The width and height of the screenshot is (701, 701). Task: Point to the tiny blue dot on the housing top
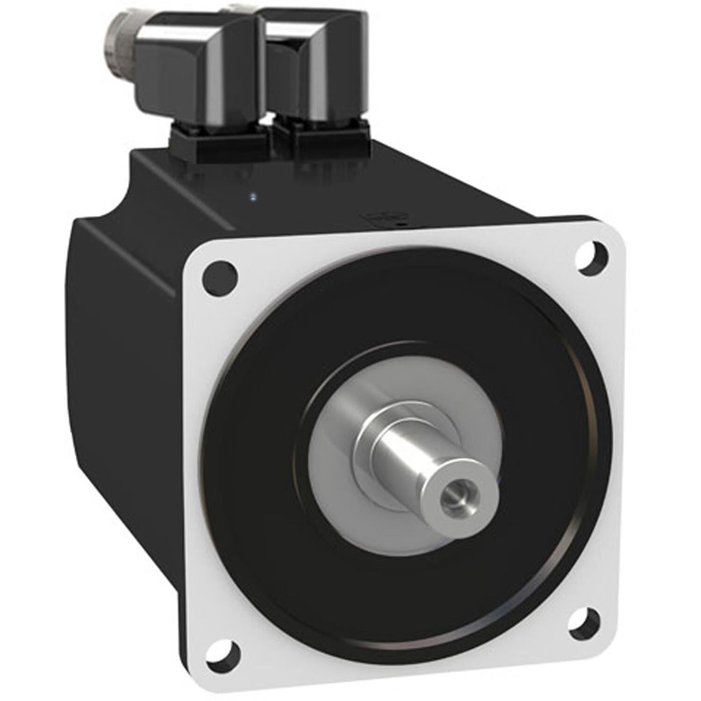coord(253,197)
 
